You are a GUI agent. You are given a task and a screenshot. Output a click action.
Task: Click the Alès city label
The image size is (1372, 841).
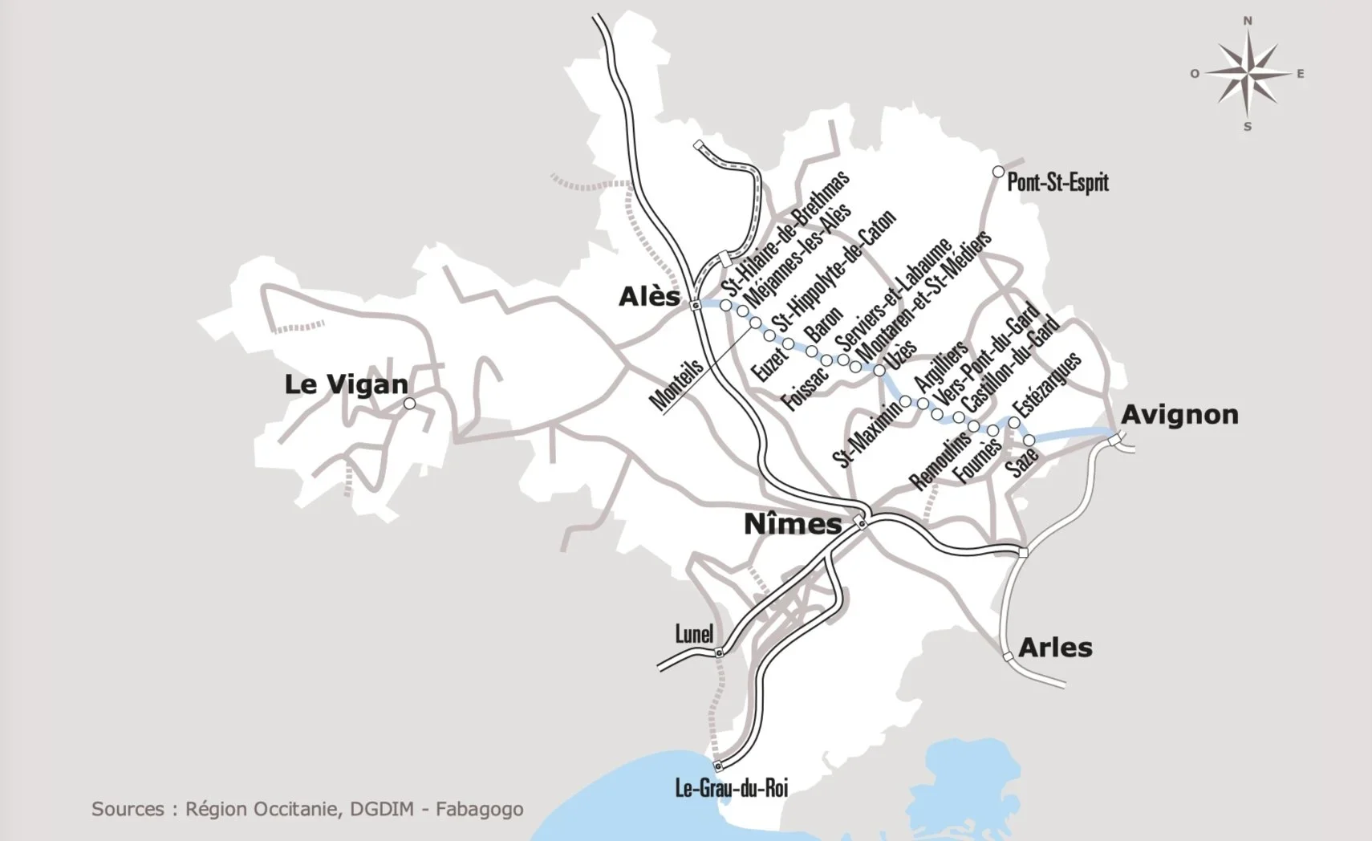point(649,297)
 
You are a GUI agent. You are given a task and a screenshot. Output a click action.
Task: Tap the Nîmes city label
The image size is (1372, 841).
point(792,525)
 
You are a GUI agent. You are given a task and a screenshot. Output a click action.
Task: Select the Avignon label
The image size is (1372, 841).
point(1179,415)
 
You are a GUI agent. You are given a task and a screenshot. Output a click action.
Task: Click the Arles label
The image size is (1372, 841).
point(1055,648)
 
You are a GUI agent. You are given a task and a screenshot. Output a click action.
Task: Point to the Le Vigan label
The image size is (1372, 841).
point(346,384)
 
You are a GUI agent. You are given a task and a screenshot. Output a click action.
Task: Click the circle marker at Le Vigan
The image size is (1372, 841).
point(409,404)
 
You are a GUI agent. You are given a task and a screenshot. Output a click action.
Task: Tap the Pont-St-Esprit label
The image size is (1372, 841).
point(1057,182)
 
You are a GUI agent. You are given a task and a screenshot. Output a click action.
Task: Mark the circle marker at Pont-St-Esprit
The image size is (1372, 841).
point(998,172)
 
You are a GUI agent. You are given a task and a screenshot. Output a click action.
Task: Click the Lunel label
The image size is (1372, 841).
point(694,634)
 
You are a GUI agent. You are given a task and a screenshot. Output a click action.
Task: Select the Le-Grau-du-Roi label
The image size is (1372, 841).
point(731,788)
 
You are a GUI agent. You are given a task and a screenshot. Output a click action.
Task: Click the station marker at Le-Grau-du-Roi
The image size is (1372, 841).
point(717,766)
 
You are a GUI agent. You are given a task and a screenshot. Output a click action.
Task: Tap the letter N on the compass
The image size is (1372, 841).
point(1248,22)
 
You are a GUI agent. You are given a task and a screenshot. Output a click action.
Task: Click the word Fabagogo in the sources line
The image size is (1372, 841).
point(479,809)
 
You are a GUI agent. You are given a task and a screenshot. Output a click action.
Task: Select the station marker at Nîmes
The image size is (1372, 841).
point(861,523)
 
